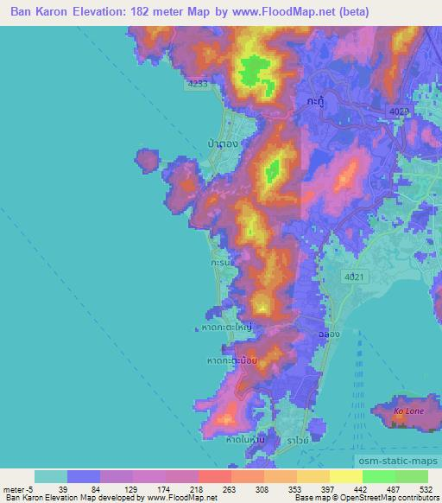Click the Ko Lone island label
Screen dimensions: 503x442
pyautogui.click(x=408, y=411)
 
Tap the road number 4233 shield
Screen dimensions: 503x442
pyautogui.click(x=198, y=85)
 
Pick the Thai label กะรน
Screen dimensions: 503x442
pyautogui.click(x=220, y=259)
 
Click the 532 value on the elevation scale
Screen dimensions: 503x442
pyautogui.click(x=425, y=487)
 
